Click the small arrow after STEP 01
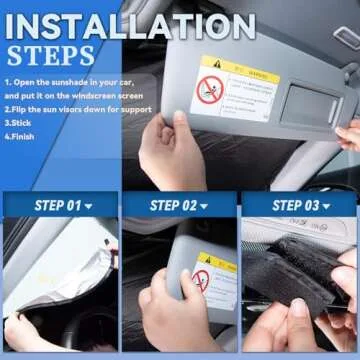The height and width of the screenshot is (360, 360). (x=88, y=207)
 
